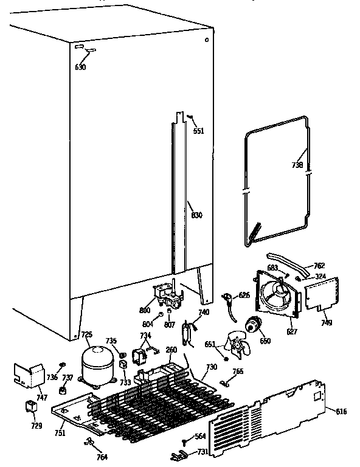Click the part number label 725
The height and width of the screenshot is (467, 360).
point(86,335)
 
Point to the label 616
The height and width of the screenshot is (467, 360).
point(341,412)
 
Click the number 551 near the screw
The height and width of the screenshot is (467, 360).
point(198,131)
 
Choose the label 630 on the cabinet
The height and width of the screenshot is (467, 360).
point(80,67)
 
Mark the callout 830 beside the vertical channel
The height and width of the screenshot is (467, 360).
point(196,215)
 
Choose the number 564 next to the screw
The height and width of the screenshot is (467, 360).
point(199,436)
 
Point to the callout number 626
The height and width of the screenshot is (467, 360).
point(244,295)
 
